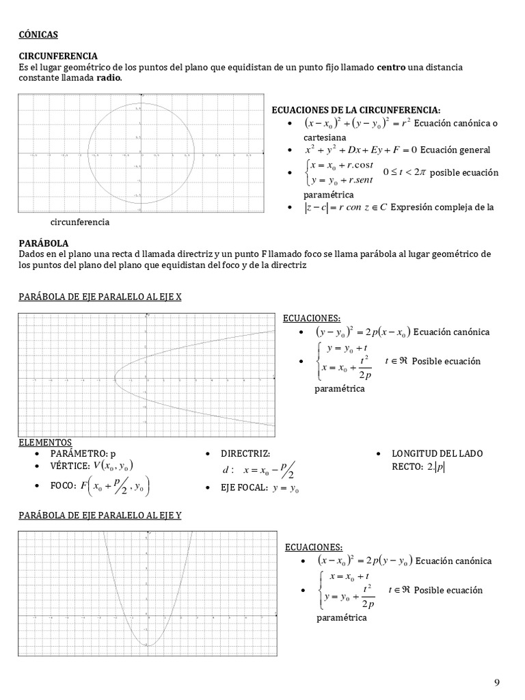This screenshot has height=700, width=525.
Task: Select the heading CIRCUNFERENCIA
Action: coord(57,56)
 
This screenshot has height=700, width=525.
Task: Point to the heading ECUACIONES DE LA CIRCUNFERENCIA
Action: coord(356,110)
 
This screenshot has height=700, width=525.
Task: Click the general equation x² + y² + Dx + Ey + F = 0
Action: coord(361,150)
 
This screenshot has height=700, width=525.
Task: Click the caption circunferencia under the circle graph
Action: coord(79,222)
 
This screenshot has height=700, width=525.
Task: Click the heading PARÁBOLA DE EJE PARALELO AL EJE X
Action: coord(99,296)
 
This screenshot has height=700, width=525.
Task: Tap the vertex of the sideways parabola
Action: coord(114,376)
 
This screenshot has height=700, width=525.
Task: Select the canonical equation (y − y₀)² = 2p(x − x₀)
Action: coord(362,332)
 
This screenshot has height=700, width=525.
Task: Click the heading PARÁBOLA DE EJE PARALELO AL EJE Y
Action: coord(99,515)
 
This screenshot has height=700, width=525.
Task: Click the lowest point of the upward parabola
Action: coord(147,645)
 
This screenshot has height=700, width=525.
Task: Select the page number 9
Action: coord(497,682)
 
